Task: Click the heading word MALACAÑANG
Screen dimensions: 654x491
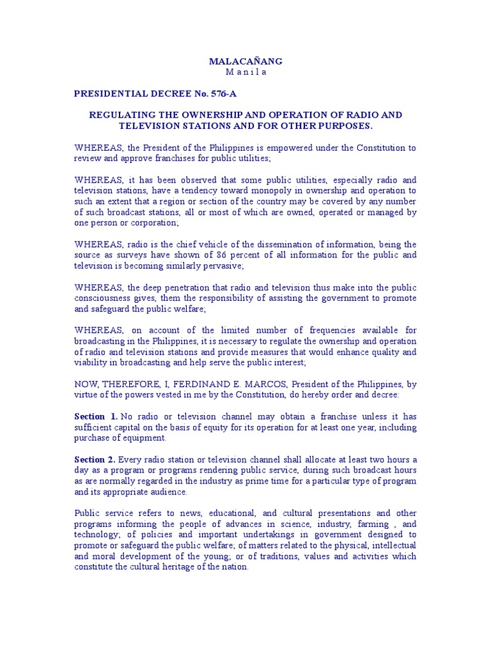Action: (245, 61)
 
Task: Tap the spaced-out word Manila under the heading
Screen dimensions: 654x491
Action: (245, 72)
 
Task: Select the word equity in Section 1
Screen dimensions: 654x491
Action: (207, 427)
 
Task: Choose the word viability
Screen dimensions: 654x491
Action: (93, 363)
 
